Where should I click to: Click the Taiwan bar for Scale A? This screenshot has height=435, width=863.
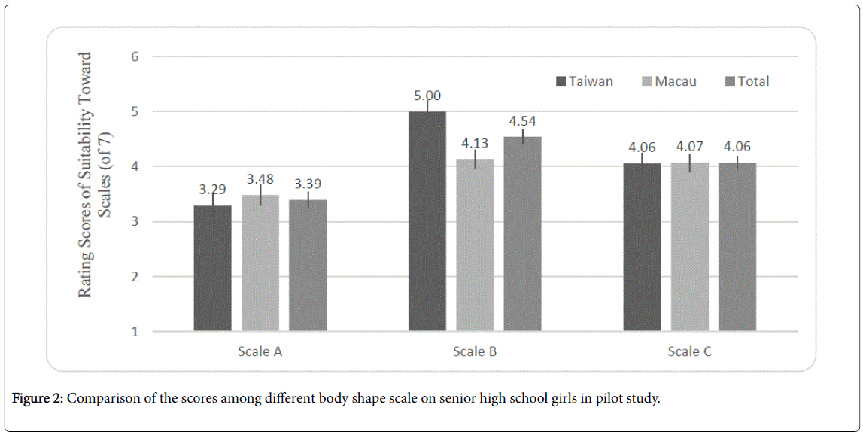(212, 268)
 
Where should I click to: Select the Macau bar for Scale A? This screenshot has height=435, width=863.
(260, 263)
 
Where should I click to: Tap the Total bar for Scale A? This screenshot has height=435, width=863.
(308, 265)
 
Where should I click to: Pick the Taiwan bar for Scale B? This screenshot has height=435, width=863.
(427, 221)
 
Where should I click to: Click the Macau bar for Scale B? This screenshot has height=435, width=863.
(475, 245)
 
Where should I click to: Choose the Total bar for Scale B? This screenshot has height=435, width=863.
(523, 233)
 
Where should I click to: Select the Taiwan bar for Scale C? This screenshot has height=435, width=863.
(642, 247)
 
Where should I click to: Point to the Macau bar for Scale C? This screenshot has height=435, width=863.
(690, 247)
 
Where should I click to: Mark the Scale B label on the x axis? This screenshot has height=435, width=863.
(475, 351)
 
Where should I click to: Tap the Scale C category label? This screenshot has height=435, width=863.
(690, 351)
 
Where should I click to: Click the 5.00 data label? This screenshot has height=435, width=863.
(427, 96)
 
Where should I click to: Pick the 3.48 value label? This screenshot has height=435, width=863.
(260, 180)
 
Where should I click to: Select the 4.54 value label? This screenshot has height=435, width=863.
(522, 121)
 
